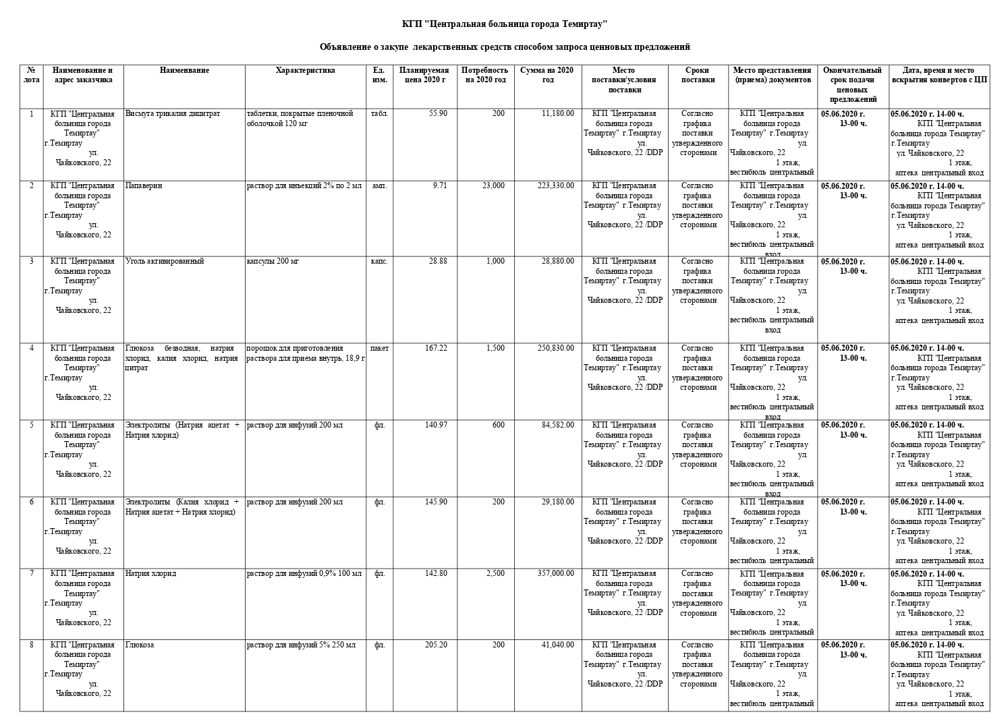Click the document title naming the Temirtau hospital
click(x=505, y=24)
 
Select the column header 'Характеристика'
click(x=305, y=70)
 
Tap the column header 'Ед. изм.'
click(x=379, y=75)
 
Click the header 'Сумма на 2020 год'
click(x=547, y=75)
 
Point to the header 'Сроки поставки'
click(x=697, y=75)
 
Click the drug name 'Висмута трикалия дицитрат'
click(x=173, y=113)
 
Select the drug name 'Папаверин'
click(x=144, y=185)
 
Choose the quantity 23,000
click(x=493, y=185)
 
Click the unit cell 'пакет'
click(x=379, y=348)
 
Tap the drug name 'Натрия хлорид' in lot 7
click(x=151, y=573)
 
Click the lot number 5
click(x=32, y=425)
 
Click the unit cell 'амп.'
click(x=379, y=185)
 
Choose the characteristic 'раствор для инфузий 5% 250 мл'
click(x=301, y=645)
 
